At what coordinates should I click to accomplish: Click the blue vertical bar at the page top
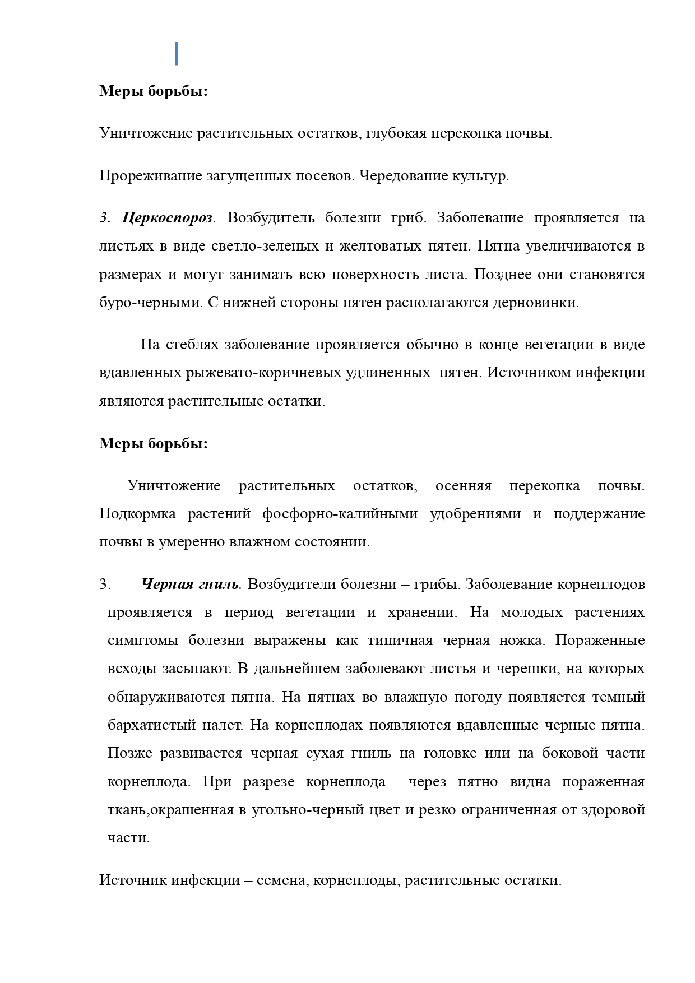tap(177, 53)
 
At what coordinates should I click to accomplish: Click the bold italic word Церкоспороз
tap(168, 218)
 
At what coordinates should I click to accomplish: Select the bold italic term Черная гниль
tap(191, 585)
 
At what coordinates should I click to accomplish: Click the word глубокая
tap(400, 133)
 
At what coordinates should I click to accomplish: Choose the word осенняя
tap(463, 486)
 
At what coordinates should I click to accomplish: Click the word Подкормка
tap(137, 514)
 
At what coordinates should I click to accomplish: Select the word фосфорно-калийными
tap(340, 514)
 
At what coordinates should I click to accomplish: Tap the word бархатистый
tap(148, 725)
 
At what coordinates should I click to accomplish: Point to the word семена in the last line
tap(281, 880)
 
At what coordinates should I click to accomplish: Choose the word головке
tap(448, 753)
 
